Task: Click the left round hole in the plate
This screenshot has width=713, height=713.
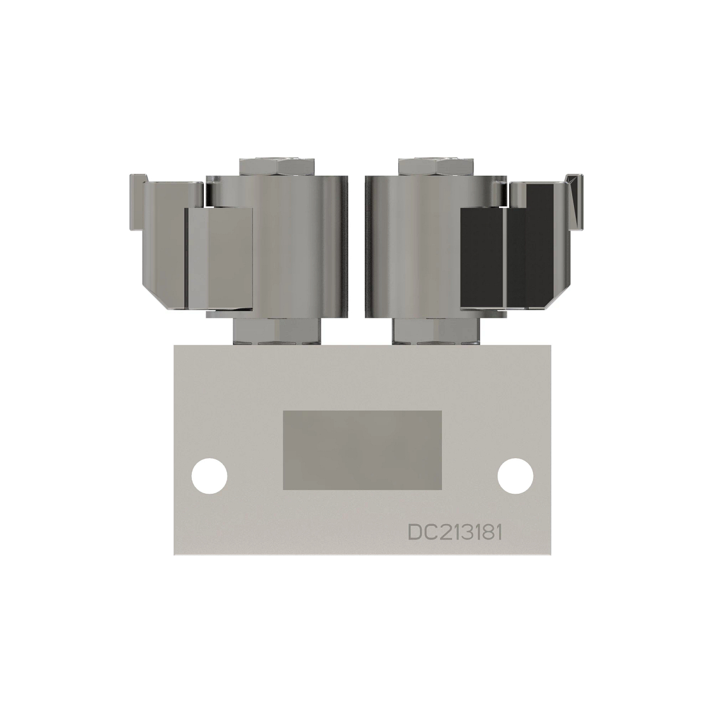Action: (210, 475)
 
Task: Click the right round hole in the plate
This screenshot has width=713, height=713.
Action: (514, 475)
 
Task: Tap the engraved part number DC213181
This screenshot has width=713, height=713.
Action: (455, 532)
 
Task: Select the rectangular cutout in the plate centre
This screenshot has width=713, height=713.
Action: (362, 450)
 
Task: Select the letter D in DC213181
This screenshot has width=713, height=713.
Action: (415, 532)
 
